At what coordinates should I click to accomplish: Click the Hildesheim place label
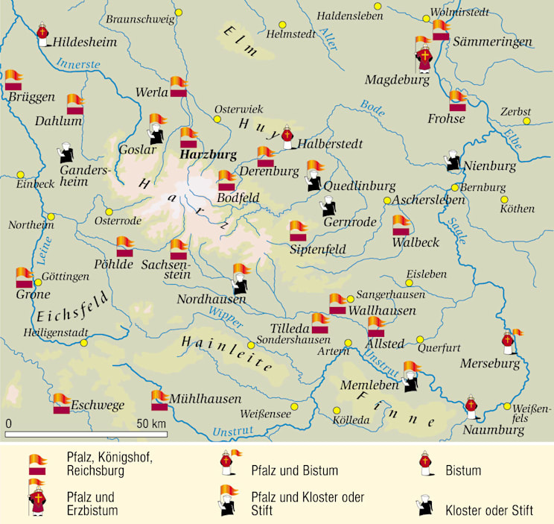tap(85, 42)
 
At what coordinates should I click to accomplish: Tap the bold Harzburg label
tap(208, 155)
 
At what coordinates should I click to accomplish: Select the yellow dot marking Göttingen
tap(38, 282)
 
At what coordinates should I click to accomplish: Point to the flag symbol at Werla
tap(178, 86)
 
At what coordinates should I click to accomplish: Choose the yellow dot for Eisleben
tap(409, 274)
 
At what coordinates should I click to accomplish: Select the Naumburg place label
tap(494, 430)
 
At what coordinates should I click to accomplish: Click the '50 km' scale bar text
tap(152, 423)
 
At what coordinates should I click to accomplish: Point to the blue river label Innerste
tap(78, 64)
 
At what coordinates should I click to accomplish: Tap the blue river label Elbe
tap(512, 137)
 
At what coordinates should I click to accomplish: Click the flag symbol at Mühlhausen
tap(159, 400)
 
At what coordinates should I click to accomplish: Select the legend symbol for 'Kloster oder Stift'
tap(425, 507)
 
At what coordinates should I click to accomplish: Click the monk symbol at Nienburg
tap(453, 163)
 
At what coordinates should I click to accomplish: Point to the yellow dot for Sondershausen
tap(252, 345)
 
